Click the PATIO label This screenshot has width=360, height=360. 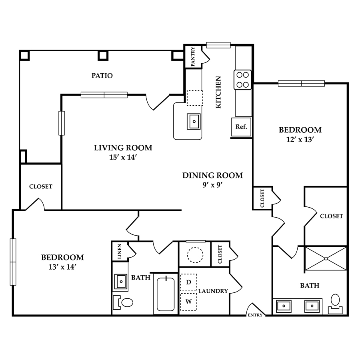click(102, 76)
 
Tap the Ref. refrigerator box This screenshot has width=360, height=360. click(241, 127)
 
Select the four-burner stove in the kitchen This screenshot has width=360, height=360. click(243, 80)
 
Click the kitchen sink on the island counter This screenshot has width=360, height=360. click(194, 122)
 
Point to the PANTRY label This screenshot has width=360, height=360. click(193, 56)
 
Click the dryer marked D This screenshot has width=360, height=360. click(189, 282)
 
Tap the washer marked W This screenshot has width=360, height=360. click(189, 302)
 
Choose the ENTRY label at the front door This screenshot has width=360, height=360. click(255, 315)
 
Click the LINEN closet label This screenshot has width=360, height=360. click(119, 252)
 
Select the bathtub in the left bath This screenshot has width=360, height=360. click(166, 294)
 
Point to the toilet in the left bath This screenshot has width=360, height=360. click(123, 302)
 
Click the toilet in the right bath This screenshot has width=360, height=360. click(336, 304)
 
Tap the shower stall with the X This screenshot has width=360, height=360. click(326, 259)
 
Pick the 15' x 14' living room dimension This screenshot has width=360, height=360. click(123, 158)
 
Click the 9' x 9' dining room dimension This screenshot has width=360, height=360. click(213, 185)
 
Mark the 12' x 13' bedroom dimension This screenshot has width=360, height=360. click(300, 140)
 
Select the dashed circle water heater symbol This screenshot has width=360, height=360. click(195, 255)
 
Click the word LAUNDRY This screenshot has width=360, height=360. click(213, 291)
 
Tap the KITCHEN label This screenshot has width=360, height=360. click(218, 92)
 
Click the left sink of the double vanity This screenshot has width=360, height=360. click(284, 306)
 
